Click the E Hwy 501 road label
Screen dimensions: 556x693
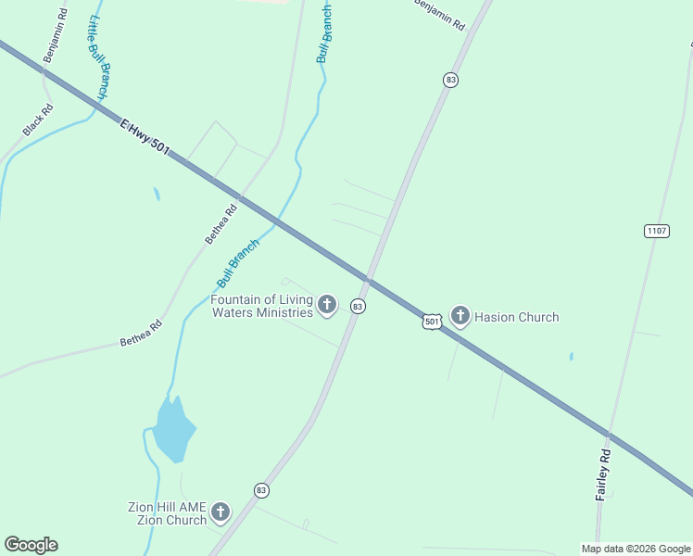pyautogui.click(x=145, y=135)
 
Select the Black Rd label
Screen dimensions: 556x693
pyautogui.click(x=39, y=120)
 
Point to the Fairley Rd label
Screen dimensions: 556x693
pyautogui.click(x=603, y=474)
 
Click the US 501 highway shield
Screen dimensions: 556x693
pyautogui.click(x=432, y=321)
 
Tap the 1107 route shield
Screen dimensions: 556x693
pyautogui.click(x=656, y=231)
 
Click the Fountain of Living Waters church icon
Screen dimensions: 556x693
pyautogui.click(x=327, y=304)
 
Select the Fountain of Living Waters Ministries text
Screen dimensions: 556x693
pyautogui.click(x=262, y=306)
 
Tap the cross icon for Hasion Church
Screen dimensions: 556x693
pyautogui.click(x=460, y=316)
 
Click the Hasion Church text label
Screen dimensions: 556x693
pyautogui.click(x=517, y=317)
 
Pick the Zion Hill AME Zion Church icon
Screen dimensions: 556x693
pyautogui.click(x=220, y=512)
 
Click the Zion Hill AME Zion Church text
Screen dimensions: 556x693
pyautogui.click(x=168, y=513)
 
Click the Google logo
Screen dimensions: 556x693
pyautogui.click(x=31, y=545)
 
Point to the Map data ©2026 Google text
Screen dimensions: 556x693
pyautogui.click(x=636, y=549)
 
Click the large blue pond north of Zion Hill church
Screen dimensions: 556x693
pyautogui.click(x=173, y=429)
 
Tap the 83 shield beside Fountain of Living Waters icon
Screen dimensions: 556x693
pyautogui.click(x=359, y=305)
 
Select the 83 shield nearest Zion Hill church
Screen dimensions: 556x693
pyautogui.click(x=261, y=489)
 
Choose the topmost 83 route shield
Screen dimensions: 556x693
pyautogui.click(x=451, y=80)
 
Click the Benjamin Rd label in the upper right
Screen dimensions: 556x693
pyautogui.click(x=438, y=16)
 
